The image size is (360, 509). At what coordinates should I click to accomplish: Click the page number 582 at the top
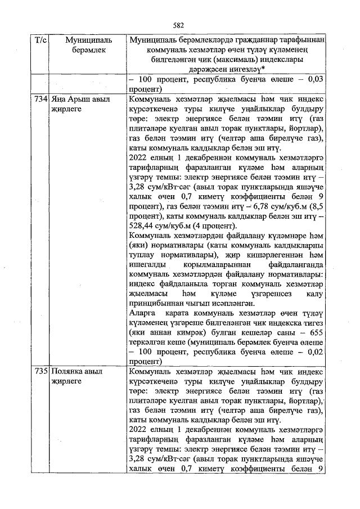pos(179,25)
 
